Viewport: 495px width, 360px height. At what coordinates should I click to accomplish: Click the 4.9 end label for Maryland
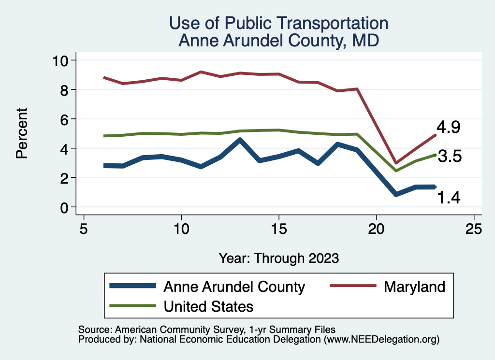click(x=448, y=128)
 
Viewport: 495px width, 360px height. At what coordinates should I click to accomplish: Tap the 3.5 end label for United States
click(x=450, y=157)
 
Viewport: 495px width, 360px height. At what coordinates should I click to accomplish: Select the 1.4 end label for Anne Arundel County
click(x=449, y=197)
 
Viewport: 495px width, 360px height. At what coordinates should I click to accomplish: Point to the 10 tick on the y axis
click(x=62, y=60)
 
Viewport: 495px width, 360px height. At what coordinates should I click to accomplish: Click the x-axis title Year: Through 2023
click(x=278, y=258)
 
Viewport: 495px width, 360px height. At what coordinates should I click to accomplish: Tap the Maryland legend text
click(x=414, y=287)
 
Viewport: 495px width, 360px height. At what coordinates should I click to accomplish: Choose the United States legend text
click(x=208, y=306)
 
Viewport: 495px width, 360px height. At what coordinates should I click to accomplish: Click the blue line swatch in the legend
click(x=133, y=286)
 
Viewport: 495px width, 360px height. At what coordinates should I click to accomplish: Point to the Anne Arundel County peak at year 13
click(x=240, y=140)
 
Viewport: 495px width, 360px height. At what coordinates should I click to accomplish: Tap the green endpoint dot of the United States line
click(x=435, y=155)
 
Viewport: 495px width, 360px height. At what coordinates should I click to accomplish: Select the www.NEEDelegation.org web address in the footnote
click(x=381, y=339)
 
